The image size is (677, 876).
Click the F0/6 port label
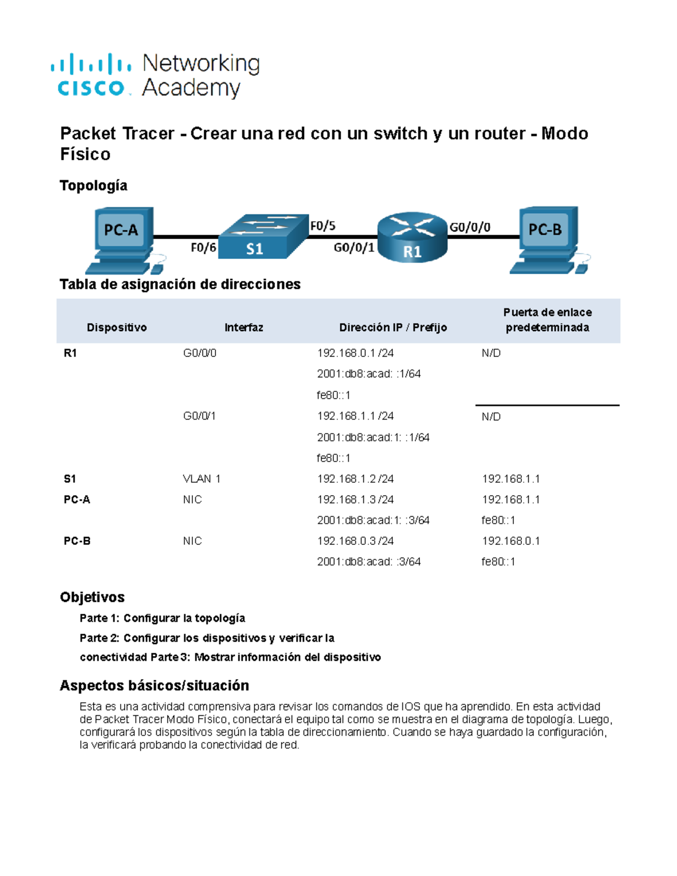(x=203, y=248)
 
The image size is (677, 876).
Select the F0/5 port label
(x=323, y=226)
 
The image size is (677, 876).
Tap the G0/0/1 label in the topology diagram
(x=354, y=248)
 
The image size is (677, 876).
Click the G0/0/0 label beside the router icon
(x=469, y=227)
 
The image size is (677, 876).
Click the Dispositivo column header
(x=117, y=328)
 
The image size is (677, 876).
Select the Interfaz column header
(x=244, y=328)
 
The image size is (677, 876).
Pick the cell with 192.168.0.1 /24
(x=355, y=353)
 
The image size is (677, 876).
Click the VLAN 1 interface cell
(x=201, y=479)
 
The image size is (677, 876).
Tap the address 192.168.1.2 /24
(x=355, y=479)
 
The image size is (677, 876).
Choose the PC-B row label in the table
(x=77, y=541)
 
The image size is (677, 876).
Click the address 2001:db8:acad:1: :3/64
(x=373, y=520)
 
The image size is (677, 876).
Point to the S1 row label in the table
(x=69, y=479)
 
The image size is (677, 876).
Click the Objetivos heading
(x=92, y=597)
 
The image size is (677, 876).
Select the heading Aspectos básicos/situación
(x=154, y=685)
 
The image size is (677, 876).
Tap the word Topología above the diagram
(x=93, y=186)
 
